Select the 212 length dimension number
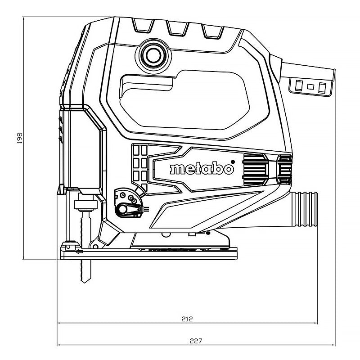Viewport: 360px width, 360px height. coord(187,319)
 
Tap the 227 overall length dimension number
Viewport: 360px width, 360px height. coord(195,341)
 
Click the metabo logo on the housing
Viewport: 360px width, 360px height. coord(202,169)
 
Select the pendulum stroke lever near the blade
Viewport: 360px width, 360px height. coord(129,207)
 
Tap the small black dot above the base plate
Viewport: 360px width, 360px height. coord(208,233)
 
